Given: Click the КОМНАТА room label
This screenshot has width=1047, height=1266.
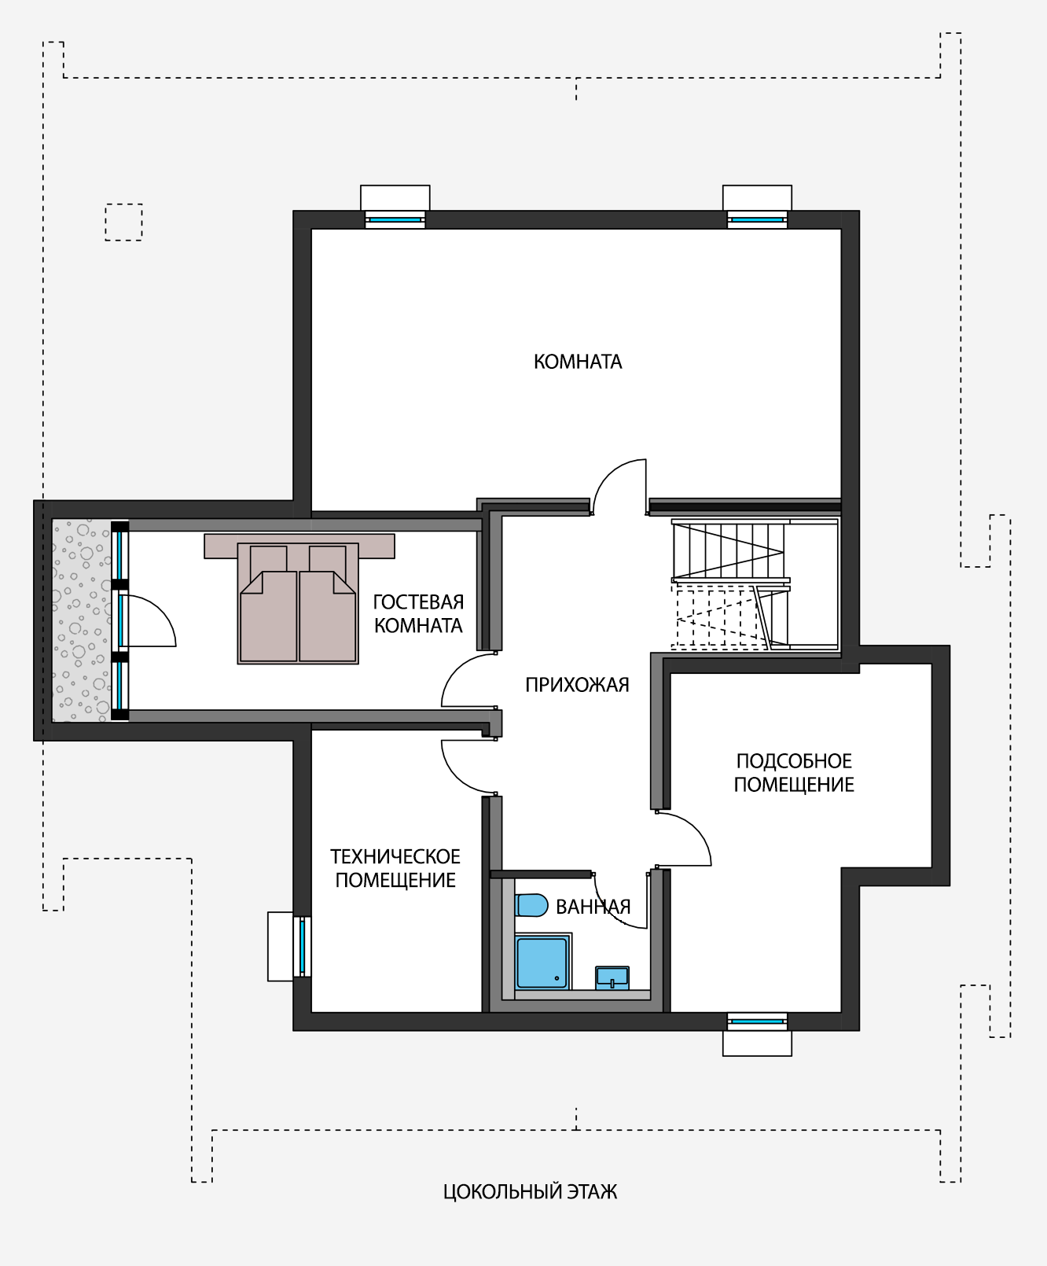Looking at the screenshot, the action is tap(578, 362).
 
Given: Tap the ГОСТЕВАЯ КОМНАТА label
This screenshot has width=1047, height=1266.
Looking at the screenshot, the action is tap(418, 614).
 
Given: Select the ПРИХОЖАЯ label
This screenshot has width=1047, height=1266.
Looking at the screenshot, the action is tap(577, 685).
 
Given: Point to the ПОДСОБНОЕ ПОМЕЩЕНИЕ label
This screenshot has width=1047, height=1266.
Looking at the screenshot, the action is tap(794, 773).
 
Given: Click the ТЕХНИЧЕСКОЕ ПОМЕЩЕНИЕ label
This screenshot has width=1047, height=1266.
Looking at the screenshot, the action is tap(395, 868).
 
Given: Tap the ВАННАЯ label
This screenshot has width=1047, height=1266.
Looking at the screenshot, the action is tap(593, 907).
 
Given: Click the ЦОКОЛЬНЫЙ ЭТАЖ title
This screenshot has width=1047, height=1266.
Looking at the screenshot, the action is tap(530, 1192).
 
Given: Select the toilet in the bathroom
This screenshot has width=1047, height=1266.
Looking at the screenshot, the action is tap(531, 905).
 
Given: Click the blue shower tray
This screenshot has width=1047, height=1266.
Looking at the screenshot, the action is tap(542, 962).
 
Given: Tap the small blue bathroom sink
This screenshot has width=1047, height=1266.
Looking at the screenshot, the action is tap(612, 977).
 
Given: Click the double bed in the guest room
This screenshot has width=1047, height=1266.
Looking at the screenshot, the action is tap(298, 603).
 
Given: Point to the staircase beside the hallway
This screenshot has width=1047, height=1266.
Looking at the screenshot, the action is tap(755, 584).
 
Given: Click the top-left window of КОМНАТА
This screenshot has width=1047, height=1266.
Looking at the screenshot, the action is tap(395, 219).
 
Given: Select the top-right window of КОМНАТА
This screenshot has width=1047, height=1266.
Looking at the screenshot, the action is tap(757, 219).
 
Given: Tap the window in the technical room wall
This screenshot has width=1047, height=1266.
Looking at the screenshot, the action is tap(302, 947).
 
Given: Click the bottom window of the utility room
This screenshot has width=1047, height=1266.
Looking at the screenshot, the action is tap(757, 1021).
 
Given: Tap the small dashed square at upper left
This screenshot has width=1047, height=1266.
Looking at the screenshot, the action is tap(124, 222).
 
